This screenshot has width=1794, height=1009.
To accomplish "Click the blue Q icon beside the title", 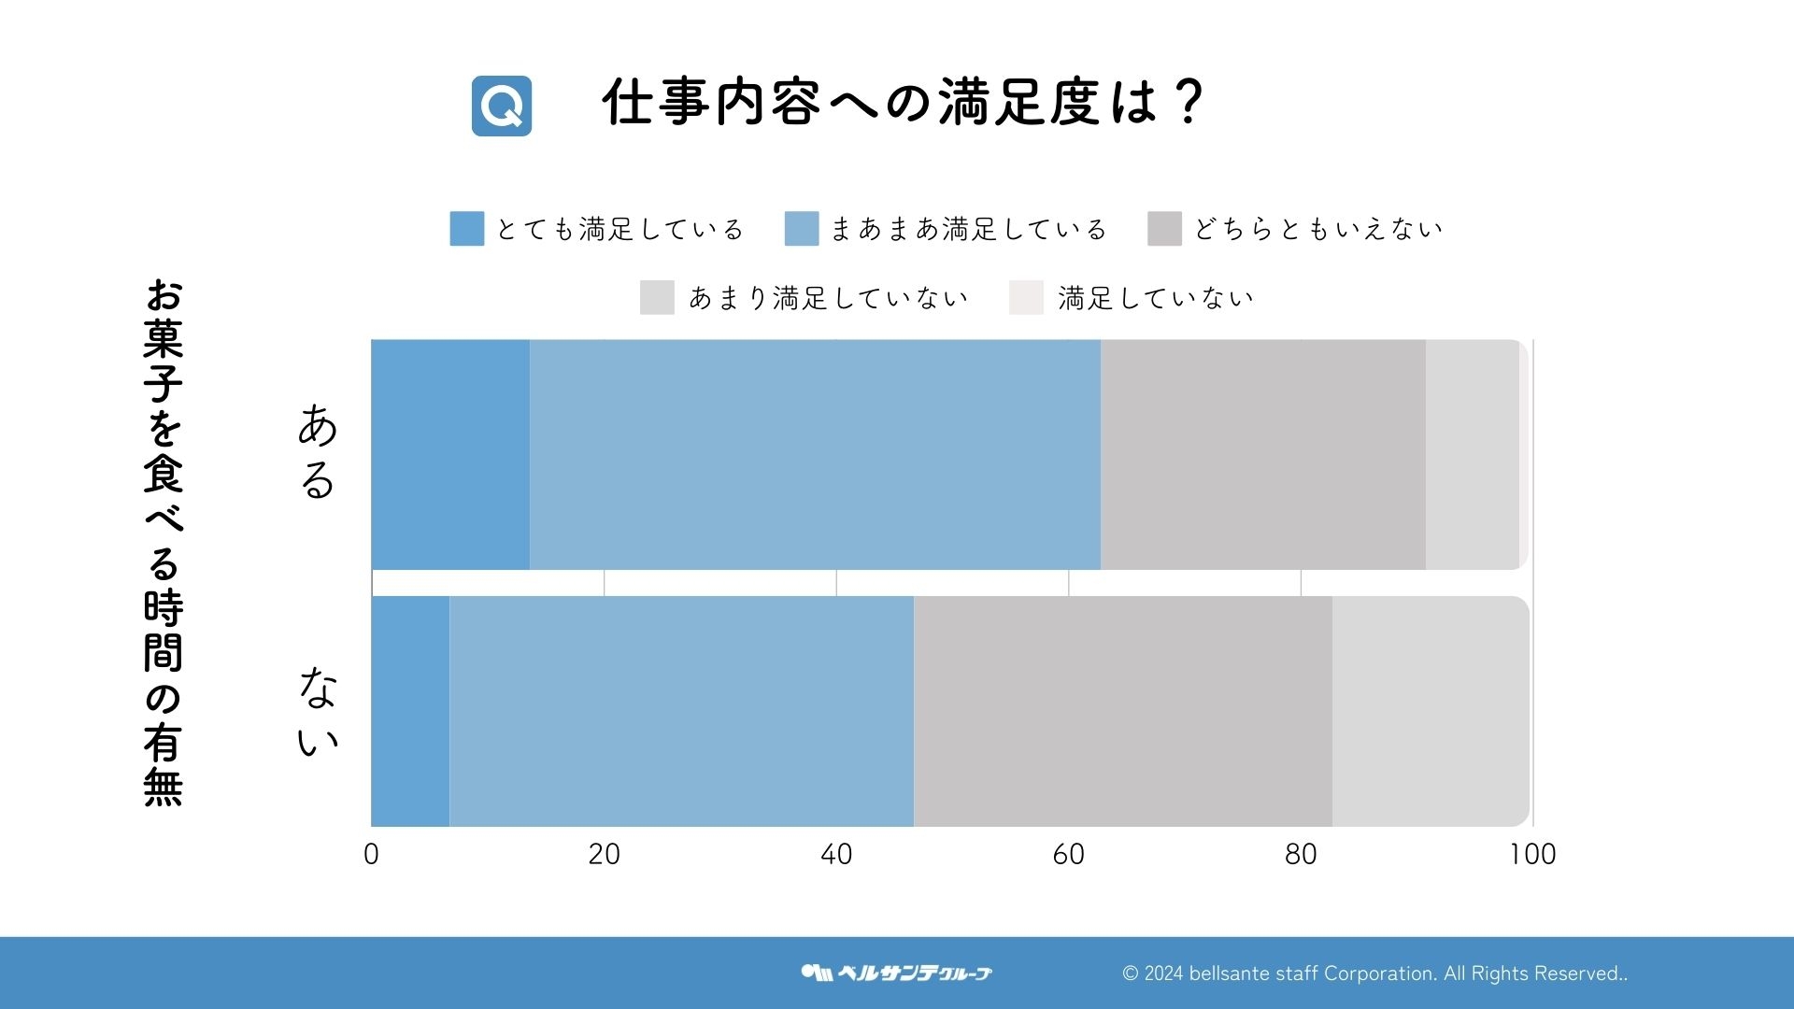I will click(x=502, y=106).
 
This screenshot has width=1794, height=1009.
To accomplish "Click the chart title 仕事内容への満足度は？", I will click(x=903, y=102).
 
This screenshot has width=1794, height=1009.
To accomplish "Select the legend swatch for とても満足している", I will click(x=467, y=229).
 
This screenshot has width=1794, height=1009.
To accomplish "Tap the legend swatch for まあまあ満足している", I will click(x=802, y=229).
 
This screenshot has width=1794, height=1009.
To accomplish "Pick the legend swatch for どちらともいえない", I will click(x=1164, y=229).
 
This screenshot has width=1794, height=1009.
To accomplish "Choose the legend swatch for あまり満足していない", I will click(x=657, y=298).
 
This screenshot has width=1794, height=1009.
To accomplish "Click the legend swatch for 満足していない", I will click(x=1026, y=298).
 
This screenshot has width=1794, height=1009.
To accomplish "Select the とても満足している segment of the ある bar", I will click(x=450, y=455).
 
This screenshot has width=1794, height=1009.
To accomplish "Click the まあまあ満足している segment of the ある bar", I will click(x=815, y=455).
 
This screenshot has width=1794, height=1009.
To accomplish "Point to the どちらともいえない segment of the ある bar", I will click(x=1263, y=455).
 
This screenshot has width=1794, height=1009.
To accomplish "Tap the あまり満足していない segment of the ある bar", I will click(x=1472, y=455).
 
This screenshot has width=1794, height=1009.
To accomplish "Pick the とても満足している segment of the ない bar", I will click(x=410, y=712).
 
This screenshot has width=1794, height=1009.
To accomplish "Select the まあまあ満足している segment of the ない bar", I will click(x=681, y=712).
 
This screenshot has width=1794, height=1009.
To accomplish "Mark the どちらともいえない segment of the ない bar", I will click(x=1123, y=712).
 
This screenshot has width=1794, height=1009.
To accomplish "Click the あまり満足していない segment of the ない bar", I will click(x=1430, y=712).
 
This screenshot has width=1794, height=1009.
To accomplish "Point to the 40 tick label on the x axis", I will click(x=836, y=854).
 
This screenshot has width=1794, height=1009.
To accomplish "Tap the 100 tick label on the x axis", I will click(x=1532, y=854).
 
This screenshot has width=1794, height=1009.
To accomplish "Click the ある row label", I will click(x=318, y=451).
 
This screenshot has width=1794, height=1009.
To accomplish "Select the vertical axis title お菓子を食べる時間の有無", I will click(x=164, y=542).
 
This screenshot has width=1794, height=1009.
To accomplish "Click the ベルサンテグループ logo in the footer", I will click(x=897, y=973).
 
